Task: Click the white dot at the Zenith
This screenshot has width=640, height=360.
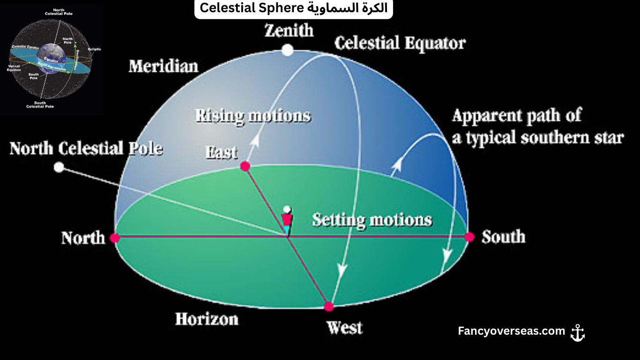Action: tap(288, 50)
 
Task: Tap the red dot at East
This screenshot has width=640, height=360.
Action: tap(245, 166)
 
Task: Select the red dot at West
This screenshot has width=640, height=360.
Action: tap(329, 307)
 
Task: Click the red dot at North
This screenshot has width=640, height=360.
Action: tap(115, 238)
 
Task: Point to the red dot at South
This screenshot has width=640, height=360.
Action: tap(469, 237)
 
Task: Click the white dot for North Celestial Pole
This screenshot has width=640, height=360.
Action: tap(59, 167)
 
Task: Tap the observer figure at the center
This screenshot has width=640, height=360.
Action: tap(287, 220)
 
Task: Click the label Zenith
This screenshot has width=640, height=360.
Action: tap(289, 31)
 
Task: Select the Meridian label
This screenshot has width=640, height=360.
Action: tap(164, 66)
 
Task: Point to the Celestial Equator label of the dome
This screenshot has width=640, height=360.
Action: tap(400, 43)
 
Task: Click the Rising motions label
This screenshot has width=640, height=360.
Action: tap(253, 116)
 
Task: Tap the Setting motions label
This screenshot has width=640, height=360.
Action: tap(372, 220)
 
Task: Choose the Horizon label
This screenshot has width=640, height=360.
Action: tap(207, 319)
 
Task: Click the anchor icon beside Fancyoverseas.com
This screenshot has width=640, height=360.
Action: tap(578, 332)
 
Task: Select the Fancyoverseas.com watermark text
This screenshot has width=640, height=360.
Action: tap(512, 331)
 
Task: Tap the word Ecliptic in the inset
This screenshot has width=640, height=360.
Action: tap(94, 49)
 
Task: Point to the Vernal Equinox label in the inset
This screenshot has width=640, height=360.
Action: tap(15, 68)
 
